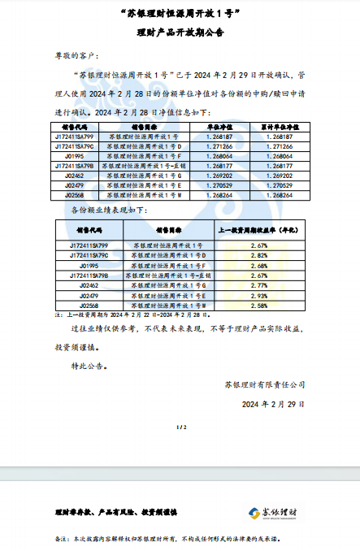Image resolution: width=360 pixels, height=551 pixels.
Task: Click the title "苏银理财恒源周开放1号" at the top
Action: [x=179, y=15]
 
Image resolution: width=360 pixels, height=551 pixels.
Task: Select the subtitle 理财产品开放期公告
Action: [x=179, y=33]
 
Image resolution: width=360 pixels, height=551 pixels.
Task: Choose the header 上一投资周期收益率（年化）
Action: [x=258, y=230]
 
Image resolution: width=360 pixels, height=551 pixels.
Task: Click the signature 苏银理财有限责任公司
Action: [x=265, y=384]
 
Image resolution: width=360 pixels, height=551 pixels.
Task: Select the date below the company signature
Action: [x=272, y=403]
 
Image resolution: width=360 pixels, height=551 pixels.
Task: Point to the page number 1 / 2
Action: [x=180, y=427]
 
